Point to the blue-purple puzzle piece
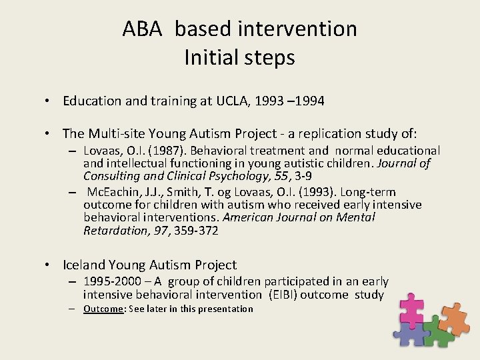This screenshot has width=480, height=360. (x=411, y=333)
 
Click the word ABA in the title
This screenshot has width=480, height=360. (x=141, y=29)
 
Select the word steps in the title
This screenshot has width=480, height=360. (x=270, y=58)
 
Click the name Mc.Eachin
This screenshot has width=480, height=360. (x=112, y=192)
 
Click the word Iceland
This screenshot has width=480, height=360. (x=85, y=265)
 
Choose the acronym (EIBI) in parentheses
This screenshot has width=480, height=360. (x=284, y=295)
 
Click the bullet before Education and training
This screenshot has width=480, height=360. (x=49, y=101)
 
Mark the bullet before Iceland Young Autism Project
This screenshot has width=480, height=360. (x=49, y=265)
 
